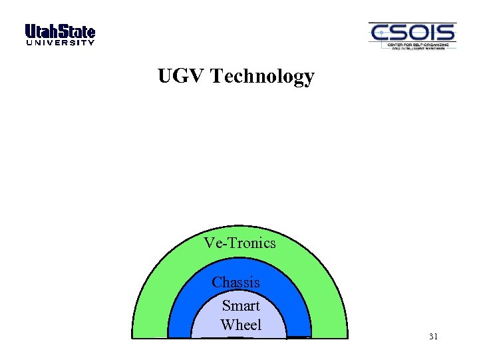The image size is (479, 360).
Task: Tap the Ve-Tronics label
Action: point(239,243)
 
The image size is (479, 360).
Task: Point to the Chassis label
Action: point(236,283)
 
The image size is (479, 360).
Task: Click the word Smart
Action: point(241,306)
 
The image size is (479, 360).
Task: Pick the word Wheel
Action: point(241,325)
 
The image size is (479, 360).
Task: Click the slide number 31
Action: point(433,337)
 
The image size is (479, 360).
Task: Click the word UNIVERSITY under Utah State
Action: point(60,43)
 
